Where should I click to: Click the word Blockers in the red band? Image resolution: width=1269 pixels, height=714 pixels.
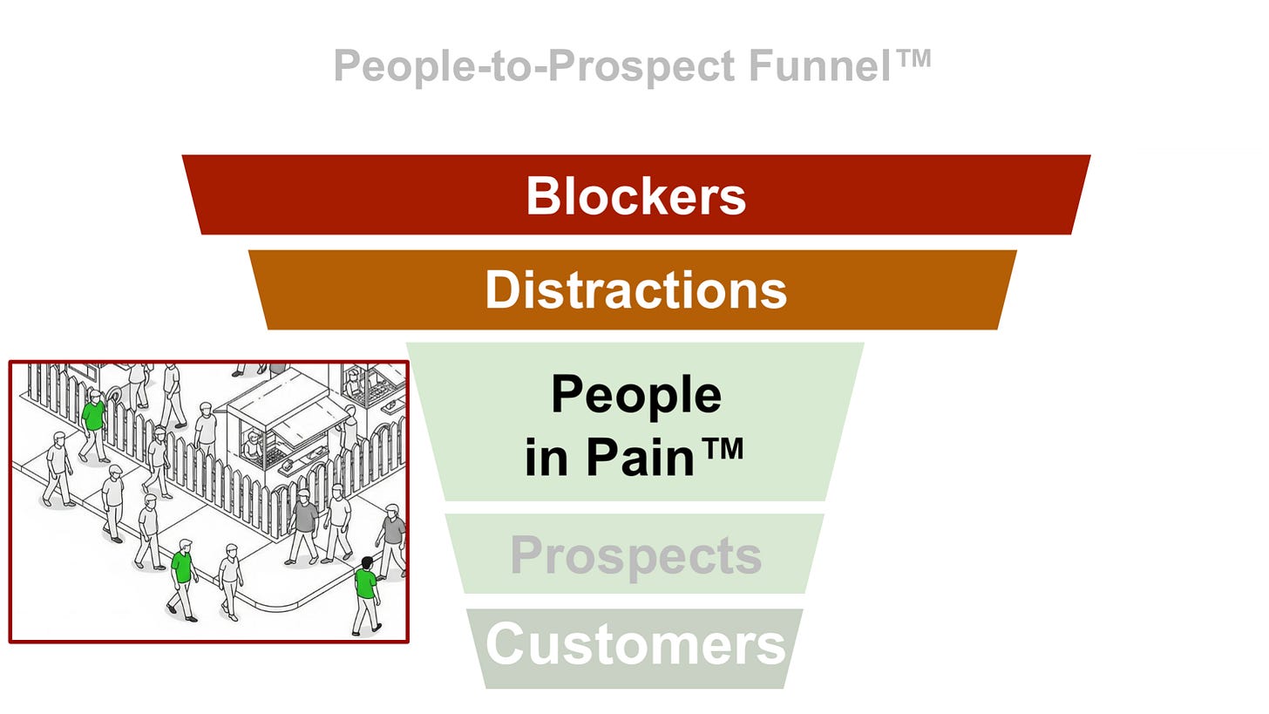point(635,195)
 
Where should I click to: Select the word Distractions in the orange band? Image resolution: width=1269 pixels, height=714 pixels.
point(635,289)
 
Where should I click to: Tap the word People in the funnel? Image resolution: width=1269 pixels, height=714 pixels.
point(636,396)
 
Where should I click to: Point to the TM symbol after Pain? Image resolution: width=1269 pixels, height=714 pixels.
point(722,449)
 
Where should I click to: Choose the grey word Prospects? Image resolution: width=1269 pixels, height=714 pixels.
point(635,556)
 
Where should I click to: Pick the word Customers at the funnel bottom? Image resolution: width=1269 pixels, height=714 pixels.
point(635,643)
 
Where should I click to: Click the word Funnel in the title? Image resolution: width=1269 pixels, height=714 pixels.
point(820,65)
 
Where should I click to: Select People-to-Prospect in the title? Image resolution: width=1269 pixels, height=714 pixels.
point(534,67)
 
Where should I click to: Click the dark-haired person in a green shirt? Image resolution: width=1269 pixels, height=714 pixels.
point(367,595)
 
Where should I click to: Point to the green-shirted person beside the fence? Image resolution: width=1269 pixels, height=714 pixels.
point(93,426)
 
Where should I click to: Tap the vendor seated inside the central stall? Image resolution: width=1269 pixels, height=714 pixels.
point(253,445)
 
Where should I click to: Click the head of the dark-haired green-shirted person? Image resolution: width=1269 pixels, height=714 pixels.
point(367,563)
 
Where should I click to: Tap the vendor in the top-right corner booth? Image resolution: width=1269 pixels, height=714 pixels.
point(354,383)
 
